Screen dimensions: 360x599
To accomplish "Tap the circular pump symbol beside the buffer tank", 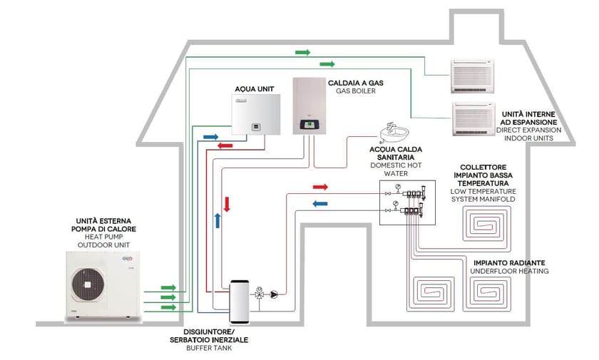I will coord(275,293).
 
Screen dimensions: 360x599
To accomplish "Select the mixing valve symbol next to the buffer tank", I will coord(260,293).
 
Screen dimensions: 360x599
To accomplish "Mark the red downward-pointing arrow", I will coord(227,204).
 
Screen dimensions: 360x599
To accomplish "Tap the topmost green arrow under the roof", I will coord(303,53).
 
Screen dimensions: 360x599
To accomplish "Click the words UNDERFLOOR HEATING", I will coord(509,272).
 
